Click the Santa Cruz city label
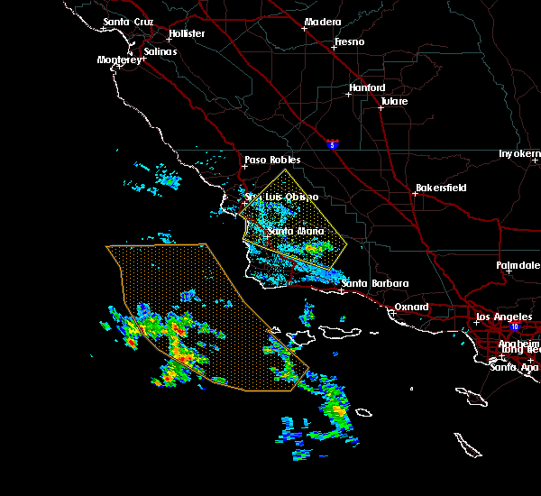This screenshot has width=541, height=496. pyautogui.click(x=129, y=22)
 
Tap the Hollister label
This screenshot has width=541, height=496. pyautogui.click(x=187, y=34)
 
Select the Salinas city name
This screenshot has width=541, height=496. pyautogui.click(x=161, y=51)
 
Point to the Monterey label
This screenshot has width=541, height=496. pyautogui.click(x=119, y=60)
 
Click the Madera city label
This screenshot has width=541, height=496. pyautogui.click(x=322, y=22)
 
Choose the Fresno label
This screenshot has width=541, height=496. pyautogui.click(x=348, y=41)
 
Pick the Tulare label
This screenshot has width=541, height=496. pyautogui.click(x=394, y=101)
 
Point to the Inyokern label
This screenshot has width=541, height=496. pyautogui.click(x=519, y=154)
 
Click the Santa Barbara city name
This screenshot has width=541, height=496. pyautogui.click(x=374, y=283)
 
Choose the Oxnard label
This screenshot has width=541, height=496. pyautogui.click(x=411, y=307)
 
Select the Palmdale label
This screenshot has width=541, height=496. pyautogui.click(x=518, y=265)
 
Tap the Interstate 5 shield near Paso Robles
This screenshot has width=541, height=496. pyautogui.click(x=333, y=142)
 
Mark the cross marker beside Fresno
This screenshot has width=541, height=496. pyautogui.click(x=334, y=48)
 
